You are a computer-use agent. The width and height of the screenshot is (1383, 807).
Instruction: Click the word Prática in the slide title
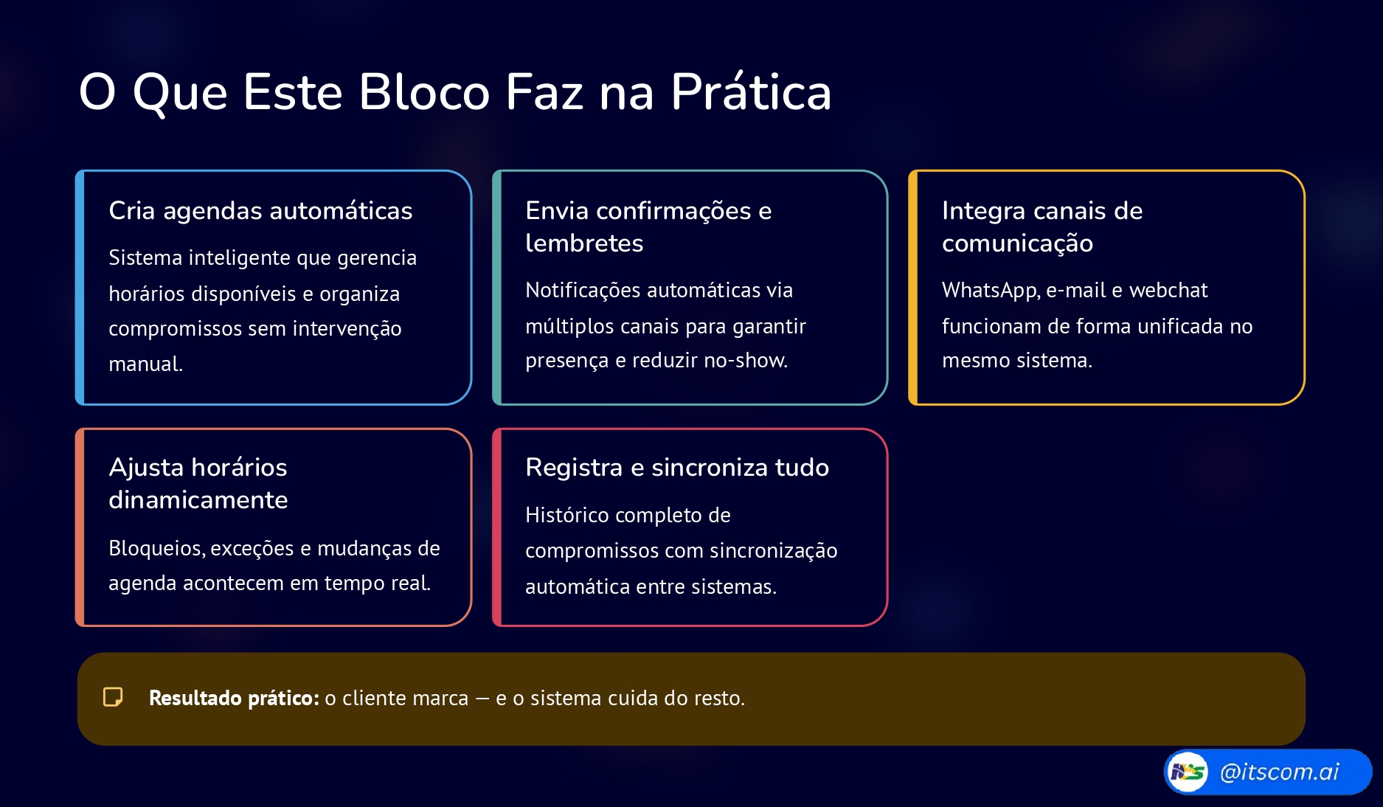click(x=751, y=92)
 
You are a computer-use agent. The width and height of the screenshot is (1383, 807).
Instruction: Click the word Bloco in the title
click(x=424, y=92)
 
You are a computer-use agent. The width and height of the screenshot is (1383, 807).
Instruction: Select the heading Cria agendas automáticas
click(x=260, y=211)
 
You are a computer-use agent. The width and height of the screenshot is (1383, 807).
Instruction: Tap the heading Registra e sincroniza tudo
click(x=677, y=468)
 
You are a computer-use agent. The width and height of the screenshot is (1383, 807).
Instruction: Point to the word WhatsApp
click(x=991, y=291)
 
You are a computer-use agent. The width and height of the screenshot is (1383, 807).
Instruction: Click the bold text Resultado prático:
click(x=234, y=698)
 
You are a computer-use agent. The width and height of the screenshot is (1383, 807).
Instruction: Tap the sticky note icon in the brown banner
click(x=113, y=697)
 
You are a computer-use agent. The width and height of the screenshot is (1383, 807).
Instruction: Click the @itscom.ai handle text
click(x=1279, y=772)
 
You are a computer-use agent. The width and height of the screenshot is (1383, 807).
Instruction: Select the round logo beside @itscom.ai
click(x=1188, y=772)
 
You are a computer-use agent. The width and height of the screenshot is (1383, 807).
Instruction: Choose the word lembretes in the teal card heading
click(x=584, y=243)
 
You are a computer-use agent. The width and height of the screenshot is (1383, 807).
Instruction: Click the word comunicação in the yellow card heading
click(x=1017, y=244)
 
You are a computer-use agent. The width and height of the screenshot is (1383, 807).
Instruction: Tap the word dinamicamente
click(x=198, y=500)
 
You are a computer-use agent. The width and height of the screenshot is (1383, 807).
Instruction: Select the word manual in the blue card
click(x=145, y=364)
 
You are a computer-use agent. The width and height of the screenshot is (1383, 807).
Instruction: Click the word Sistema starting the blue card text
click(x=145, y=257)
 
